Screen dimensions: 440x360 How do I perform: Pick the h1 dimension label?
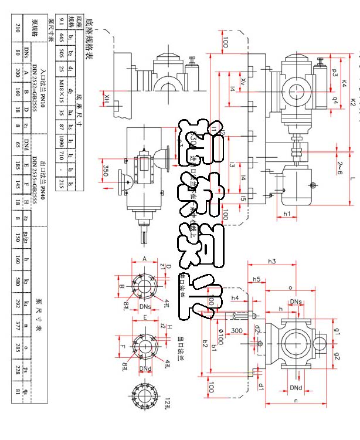click(x=287, y=214)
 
